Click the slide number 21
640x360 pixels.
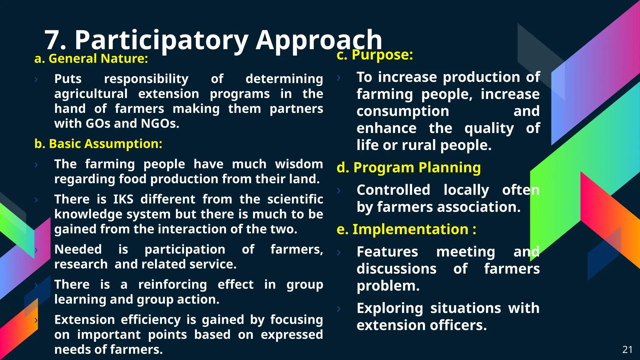627,349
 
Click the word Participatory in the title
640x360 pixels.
161,40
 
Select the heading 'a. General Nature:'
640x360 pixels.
91,59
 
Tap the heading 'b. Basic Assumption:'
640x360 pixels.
98,144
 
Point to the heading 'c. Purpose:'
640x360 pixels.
375,55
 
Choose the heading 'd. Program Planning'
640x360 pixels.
408,167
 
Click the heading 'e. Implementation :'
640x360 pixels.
406,229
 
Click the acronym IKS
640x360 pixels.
123,199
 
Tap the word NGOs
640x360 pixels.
160,123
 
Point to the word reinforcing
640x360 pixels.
172,285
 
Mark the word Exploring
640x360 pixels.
390,308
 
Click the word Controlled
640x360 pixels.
393,190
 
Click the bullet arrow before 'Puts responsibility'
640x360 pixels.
36,79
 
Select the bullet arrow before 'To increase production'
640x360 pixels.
339,77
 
